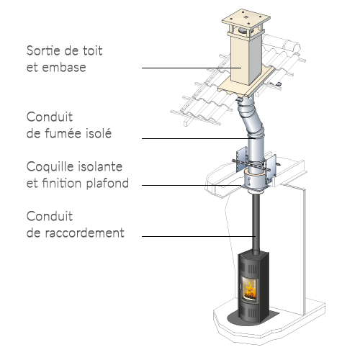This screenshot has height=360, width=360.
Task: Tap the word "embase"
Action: point(64,67)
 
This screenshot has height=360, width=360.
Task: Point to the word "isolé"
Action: point(99,133)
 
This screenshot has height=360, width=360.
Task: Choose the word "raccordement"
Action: point(85,233)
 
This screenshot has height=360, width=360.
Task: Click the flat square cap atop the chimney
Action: point(246,19)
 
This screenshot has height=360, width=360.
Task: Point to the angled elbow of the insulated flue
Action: point(251,120)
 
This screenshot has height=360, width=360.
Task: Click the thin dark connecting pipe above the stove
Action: point(256,224)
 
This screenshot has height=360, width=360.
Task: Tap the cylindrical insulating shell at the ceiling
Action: point(255,179)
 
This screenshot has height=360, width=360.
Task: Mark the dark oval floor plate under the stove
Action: point(253,318)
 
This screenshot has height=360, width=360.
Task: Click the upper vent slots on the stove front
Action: point(252,269)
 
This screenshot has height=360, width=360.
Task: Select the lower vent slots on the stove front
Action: point(252,312)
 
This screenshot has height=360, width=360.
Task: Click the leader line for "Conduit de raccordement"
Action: point(199,236)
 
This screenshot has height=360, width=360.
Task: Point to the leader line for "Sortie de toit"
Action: point(192,68)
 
